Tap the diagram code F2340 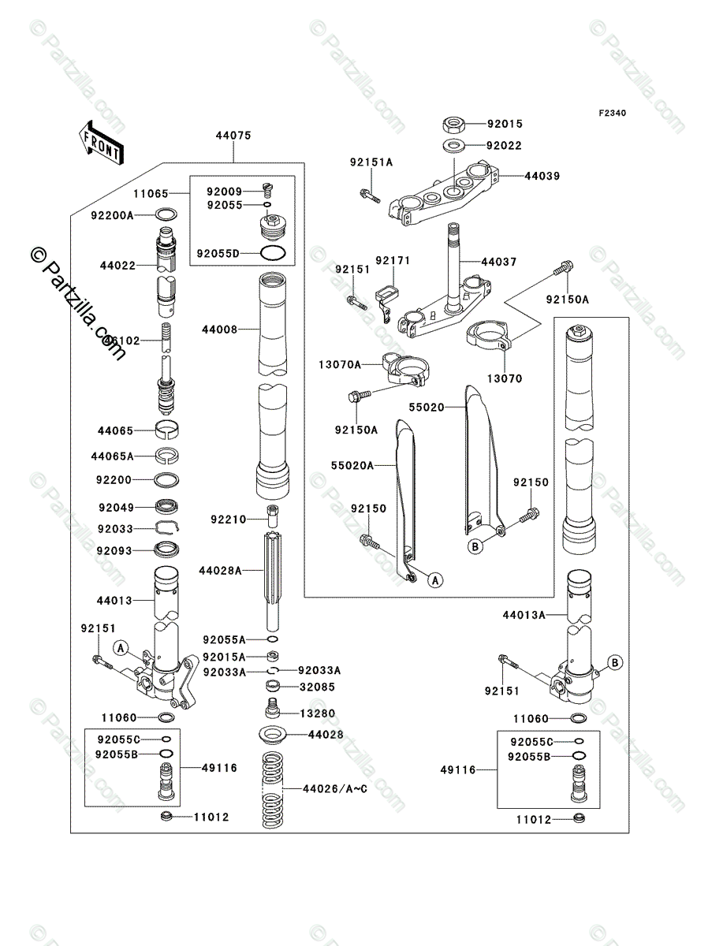point(611,113)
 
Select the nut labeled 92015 point(454,124)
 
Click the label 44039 point(542,176)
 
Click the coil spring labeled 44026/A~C point(272,788)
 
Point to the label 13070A point(341,364)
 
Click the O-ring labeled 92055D point(272,253)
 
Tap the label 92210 point(228,519)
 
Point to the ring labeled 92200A point(167,214)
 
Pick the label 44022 point(117,266)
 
